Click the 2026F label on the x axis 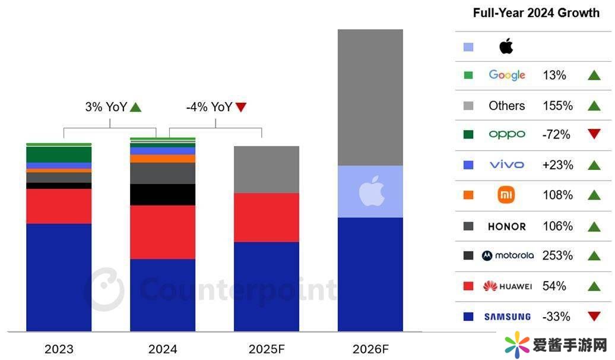coord(370,349)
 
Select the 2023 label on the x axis coord(59,349)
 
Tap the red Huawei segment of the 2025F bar coord(267,217)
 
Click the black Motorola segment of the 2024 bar coord(163,194)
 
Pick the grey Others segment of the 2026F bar coord(370,97)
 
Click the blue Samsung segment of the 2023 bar coord(59,277)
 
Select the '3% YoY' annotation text coord(105,108)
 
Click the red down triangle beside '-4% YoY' coord(240,108)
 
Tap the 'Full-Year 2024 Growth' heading coord(537,13)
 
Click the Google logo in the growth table coord(507,75)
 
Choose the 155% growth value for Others coord(557,106)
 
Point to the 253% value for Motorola coord(557,255)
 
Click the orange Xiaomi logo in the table coord(506,195)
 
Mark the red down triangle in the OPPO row coord(594,134)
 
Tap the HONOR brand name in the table coord(506,226)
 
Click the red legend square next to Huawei coord(468,286)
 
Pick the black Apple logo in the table coord(506,46)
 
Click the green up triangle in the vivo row coord(594,165)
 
